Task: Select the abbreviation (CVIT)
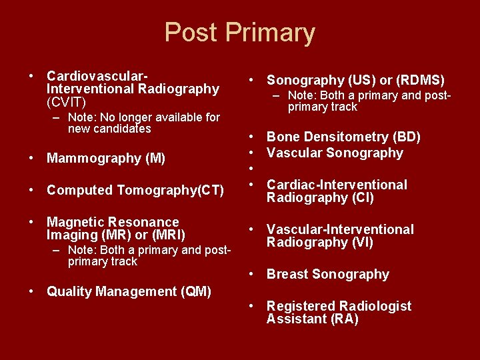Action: point(66,102)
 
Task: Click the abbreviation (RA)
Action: point(345,319)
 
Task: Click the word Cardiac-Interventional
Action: point(337,185)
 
